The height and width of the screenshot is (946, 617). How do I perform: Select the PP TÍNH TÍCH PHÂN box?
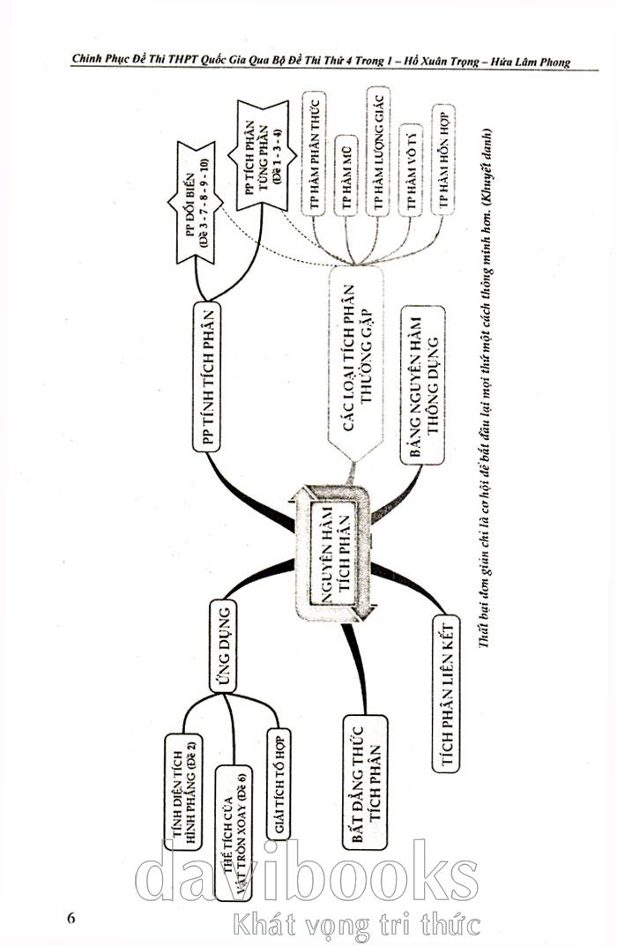(205, 376)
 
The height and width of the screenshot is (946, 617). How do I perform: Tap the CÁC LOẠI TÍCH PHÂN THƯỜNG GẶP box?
(356, 368)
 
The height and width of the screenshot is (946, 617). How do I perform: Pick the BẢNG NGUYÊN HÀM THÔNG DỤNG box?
(423, 384)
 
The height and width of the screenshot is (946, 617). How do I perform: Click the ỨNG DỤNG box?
(222, 645)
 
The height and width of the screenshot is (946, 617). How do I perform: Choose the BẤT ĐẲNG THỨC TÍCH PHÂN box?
(364, 783)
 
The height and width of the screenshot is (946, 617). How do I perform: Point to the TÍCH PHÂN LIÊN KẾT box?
(446, 693)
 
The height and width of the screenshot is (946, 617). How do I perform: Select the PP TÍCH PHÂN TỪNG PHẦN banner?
(262, 155)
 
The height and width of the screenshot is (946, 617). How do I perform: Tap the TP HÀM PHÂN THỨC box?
(314, 153)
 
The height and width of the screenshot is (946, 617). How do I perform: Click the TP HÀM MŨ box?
(346, 175)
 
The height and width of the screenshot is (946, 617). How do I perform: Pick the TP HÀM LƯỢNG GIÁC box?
(378, 151)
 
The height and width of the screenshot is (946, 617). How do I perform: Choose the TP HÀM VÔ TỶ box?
(412, 169)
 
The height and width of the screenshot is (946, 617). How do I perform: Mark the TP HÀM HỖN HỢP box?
(443, 160)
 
